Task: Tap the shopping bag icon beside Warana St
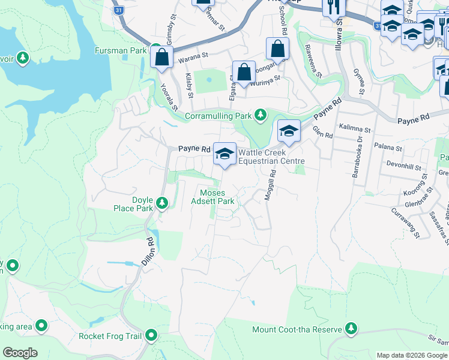point(162,58)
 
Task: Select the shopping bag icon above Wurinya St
point(244,73)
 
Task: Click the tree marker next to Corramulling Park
point(260,115)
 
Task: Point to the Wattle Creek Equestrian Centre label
point(271,157)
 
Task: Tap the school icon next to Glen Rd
point(289,131)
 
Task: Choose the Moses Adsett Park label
point(217,197)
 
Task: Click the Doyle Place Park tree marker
point(161,204)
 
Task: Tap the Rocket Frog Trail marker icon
point(151,335)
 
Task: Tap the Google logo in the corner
point(20,353)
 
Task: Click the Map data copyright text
point(411,356)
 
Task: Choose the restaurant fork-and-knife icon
point(331,7)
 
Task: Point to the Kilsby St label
point(190,85)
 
